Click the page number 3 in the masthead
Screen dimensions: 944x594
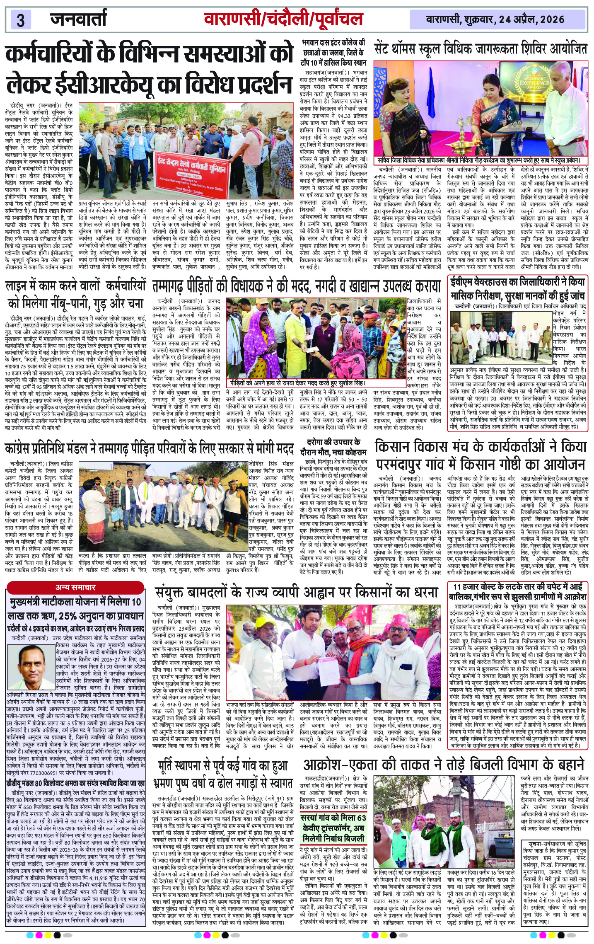(21, 20)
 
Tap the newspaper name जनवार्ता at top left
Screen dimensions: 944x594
(78, 19)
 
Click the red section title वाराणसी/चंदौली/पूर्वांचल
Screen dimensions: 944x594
(283, 19)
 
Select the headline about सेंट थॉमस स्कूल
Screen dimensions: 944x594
(480, 49)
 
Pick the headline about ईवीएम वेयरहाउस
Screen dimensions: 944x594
(518, 289)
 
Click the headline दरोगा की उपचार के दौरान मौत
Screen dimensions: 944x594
(333, 446)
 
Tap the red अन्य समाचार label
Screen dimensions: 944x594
(75, 587)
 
